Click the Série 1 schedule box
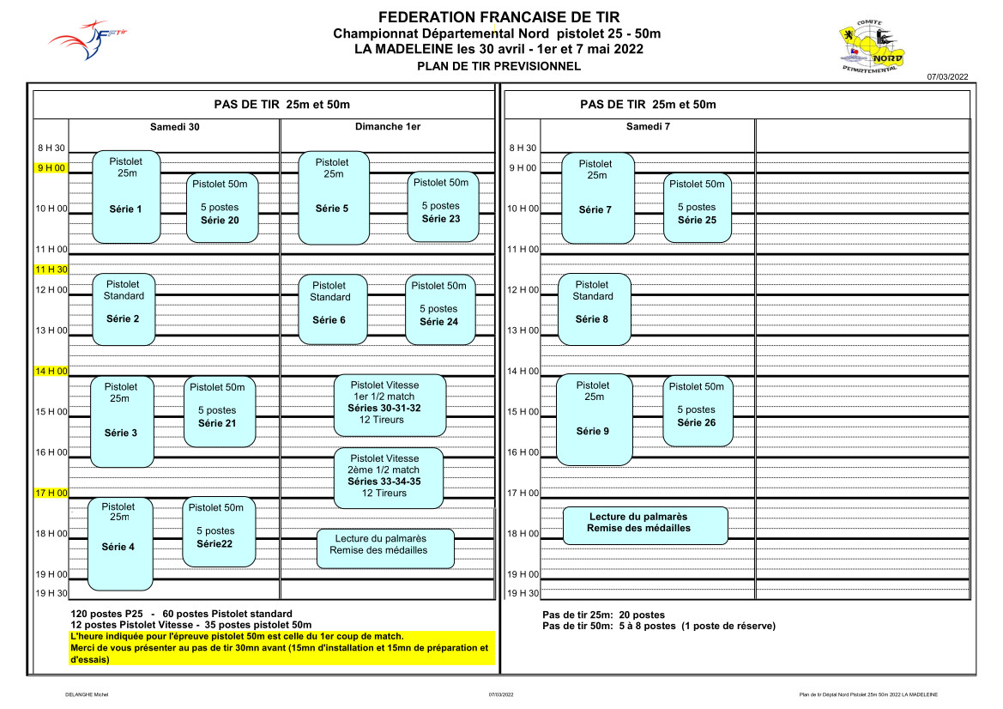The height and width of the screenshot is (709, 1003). pos(126,197)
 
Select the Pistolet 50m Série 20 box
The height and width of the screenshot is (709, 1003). pos(222,208)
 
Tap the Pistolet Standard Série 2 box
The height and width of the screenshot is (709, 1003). pos(124,310)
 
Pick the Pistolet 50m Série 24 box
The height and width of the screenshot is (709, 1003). pos(440,310)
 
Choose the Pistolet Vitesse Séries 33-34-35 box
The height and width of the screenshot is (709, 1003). pos(389,478)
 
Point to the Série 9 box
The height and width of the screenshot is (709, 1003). pos(595,420)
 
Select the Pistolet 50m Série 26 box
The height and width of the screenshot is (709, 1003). pos(698,411)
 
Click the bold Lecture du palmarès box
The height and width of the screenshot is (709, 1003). pos(645,526)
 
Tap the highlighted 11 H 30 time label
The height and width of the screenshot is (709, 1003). pos(51,270)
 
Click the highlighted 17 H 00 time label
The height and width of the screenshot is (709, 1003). pos(51,493)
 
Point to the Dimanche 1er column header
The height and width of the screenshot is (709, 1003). pos(388,127)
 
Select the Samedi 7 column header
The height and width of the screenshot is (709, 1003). pos(648,127)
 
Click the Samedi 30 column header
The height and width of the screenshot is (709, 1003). pos(175,127)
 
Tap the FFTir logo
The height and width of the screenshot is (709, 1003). pos(87,40)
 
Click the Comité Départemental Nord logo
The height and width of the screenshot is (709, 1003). pos(871,46)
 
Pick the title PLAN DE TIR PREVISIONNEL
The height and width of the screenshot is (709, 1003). pos(499,66)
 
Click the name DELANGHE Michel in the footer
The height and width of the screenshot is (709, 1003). pos(87,694)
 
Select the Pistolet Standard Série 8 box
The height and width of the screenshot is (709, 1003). pos(595,310)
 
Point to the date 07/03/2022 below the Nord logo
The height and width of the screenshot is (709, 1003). pos(947,76)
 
